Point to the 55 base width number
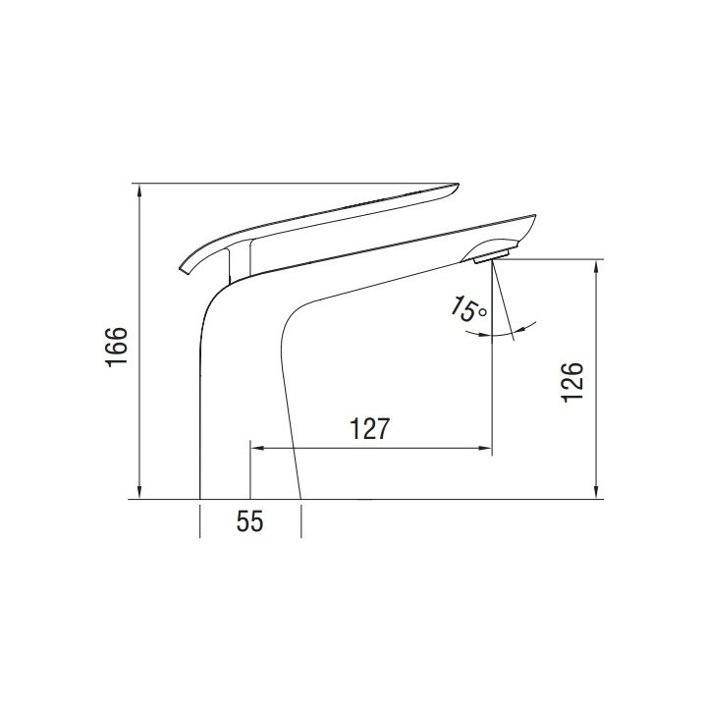250,521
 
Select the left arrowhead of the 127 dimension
257,449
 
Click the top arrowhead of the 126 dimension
595,265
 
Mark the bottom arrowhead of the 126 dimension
595,493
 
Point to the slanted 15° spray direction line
504,299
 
